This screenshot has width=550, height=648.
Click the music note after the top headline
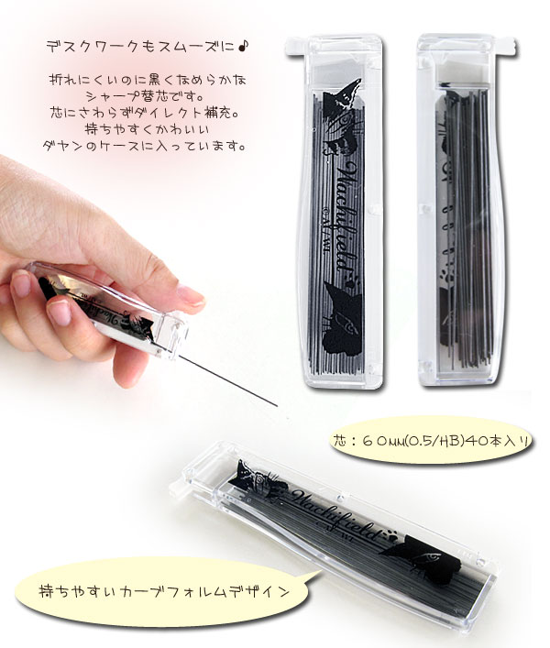pos(244,46)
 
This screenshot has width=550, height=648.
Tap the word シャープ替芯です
pos(146,97)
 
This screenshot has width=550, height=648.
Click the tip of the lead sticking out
pos(277,406)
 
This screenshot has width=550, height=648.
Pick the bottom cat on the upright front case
pos(343,317)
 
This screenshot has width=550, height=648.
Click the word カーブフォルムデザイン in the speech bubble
pos(203,591)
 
